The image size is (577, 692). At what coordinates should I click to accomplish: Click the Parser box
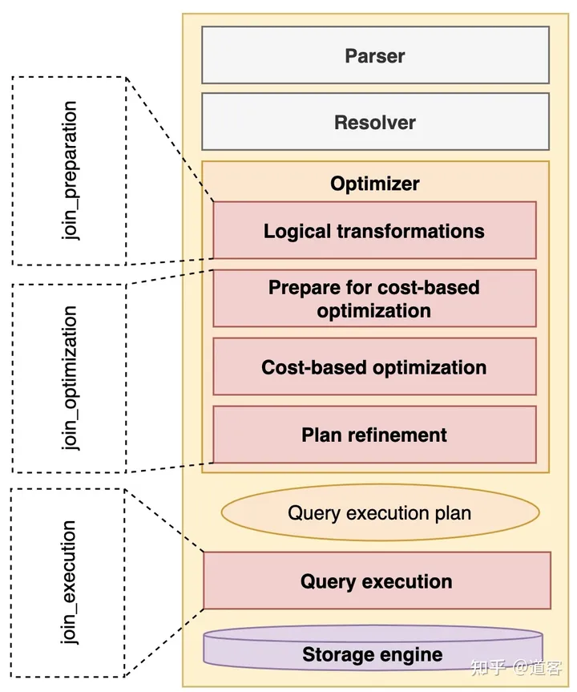[x=375, y=55]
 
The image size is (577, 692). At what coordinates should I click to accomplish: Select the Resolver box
[x=375, y=123]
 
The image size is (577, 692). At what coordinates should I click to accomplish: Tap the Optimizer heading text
[x=375, y=184]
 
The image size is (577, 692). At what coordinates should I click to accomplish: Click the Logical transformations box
[x=374, y=231]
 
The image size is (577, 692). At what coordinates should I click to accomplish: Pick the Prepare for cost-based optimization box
[x=374, y=298]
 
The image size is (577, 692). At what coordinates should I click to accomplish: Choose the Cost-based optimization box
[x=374, y=367]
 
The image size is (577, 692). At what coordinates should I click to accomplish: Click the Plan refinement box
[x=374, y=435]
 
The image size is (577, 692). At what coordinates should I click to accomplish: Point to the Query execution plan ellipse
[x=380, y=512]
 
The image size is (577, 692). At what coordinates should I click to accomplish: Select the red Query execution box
[x=377, y=581]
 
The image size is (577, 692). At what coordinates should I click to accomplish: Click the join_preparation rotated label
[x=70, y=172]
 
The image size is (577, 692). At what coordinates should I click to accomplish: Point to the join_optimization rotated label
[x=71, y=378]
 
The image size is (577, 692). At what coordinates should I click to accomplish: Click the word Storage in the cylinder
[x=336, y=654]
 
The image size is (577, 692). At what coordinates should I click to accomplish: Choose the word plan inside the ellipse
[x=450, y=512]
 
